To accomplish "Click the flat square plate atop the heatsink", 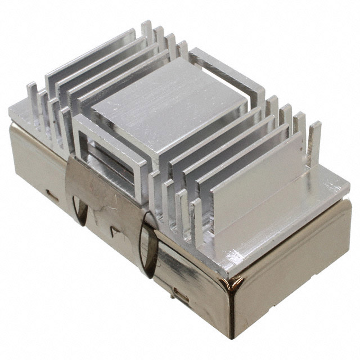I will point(169,107).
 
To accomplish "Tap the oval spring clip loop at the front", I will point(150,245).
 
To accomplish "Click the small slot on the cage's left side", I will point(51,196).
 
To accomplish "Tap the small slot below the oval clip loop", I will point(180,292).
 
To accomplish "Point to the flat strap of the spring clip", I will point(107,197).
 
